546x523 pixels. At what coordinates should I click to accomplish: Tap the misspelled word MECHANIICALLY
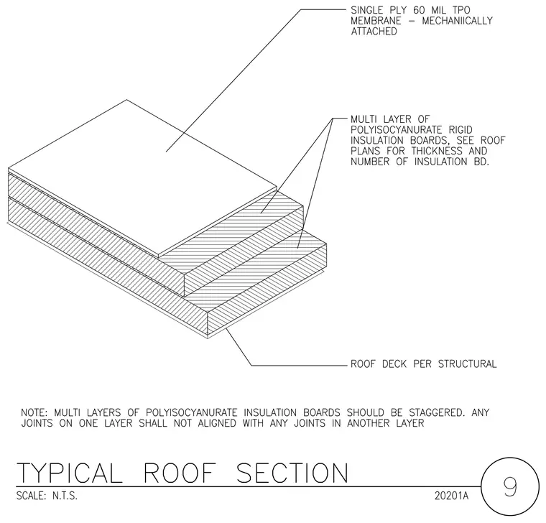pyautogui.click(x=457, y=21)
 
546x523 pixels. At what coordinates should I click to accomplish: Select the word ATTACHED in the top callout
pyautogui.click(x=374, y=32)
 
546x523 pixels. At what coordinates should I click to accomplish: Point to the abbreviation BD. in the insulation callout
pyautogui.click(x=481, y=162)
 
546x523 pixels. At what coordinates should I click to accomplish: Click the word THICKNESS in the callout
pyautogui.click(x=437, y=151)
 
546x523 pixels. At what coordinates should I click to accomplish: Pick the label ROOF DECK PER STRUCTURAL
pyautogui.click(x=423, y=364)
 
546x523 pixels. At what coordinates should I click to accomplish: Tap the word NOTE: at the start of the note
pyautogui.click(x=34, y=412)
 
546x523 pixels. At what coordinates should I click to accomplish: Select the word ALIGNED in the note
pyautogui.click(x=217, y=423)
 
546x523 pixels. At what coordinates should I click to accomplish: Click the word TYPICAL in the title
pyautogui.click(x=69, y=473)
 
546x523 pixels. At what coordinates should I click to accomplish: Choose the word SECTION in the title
pyautogui.click(x=292, y=473)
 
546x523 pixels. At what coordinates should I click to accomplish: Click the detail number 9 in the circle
pyautogui.click(x=510, y=486)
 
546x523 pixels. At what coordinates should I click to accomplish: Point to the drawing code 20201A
pyautogui.click(x=451, y=496)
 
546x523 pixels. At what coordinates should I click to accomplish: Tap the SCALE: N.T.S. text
pyautogui.click(x=47, y=496)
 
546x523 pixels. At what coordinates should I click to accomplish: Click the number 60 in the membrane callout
pyautogui.click(x=419, y=10)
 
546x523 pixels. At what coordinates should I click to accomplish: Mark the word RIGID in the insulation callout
pyautogui.click(x=461, y=130)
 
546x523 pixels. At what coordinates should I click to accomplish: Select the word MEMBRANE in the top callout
pyautogui.click(x=376, y=21)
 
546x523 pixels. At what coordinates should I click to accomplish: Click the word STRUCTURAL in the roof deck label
pyautogui.click(x=467, y=364)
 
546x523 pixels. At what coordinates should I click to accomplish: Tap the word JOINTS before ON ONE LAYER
pyautogui.click(x=37, y=423)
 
